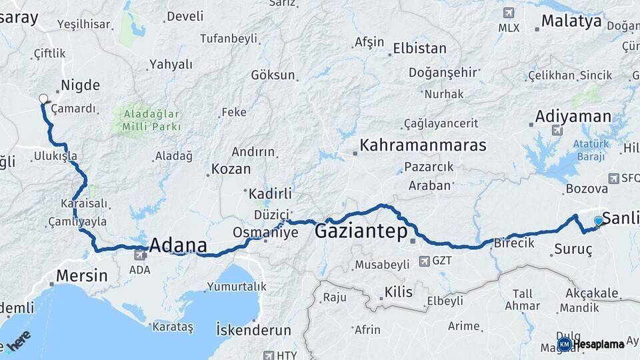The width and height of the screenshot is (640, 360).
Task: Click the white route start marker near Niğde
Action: click(43, 99)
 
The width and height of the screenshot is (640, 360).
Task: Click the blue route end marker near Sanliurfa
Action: click(598, 221)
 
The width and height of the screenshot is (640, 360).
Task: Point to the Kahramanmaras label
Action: click(423, 145)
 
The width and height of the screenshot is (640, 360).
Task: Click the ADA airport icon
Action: click(140, 254)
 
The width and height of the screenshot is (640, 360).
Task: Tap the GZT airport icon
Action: click(424, 261)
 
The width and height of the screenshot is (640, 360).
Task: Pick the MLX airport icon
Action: click(509, 13)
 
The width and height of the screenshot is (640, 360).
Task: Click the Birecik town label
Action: click(514, 243)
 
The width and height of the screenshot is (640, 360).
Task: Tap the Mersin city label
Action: click(81, 275)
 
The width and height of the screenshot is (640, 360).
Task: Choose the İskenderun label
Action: click(253, 330)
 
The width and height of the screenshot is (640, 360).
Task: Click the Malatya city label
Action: click(571, 21)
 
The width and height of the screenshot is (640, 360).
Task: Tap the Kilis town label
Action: click(398, 292)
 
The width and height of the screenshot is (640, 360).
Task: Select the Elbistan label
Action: click(419, 49)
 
